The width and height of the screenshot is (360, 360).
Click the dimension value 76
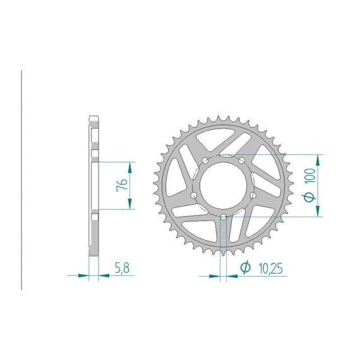coord(122,184)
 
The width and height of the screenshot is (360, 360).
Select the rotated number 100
coord(310,176)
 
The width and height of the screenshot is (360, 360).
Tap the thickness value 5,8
coord(123,268)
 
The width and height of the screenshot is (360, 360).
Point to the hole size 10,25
coord(270,268)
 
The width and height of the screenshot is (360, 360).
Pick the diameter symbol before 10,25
coord(245,267)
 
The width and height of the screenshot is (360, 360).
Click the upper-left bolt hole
coord(205,160)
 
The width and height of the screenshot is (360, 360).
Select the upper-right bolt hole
coord(241,160)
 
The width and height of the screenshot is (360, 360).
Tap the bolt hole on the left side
coord(194,195)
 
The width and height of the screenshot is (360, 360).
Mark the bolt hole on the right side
coord(253,195)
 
